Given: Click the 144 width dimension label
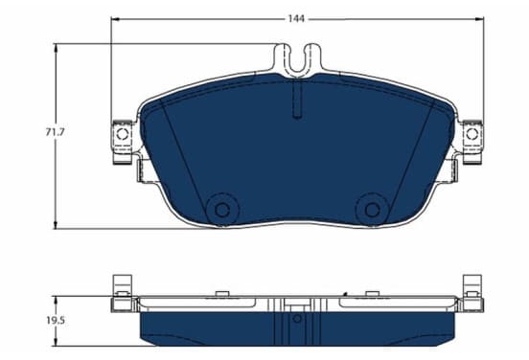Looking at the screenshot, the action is pos(296,19).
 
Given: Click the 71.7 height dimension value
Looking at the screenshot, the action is pos(55,132).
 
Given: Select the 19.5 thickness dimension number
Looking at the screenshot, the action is pos(56,321).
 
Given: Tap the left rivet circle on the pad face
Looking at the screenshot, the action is pos(222,210).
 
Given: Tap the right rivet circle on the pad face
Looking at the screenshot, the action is pos(372,210).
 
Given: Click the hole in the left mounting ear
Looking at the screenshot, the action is pos(122,134).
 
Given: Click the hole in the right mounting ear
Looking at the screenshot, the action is pos(472,134).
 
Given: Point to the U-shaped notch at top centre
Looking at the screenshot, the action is pos(297,59).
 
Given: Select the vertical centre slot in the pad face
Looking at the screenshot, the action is pos(297,99).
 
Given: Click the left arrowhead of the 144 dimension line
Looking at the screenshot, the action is pos(115,19).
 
